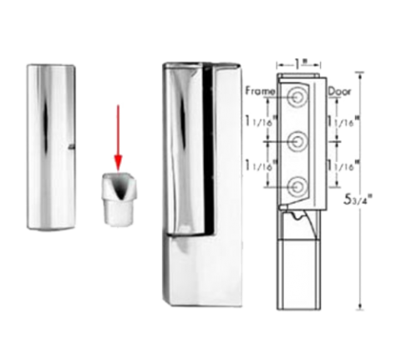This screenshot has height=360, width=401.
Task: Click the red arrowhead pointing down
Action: pos(119,163)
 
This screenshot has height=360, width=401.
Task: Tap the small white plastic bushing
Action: pos(119,199)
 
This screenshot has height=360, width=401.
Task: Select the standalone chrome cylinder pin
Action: pos(51,147)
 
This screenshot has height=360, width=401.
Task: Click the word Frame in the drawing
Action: pos(260,91)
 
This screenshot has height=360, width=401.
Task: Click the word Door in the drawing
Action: pos(339,91)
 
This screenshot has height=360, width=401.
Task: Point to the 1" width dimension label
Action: pos(299,64)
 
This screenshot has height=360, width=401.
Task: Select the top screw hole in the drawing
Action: pos(297,97)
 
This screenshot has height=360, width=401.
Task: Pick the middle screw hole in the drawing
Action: pos(297,141)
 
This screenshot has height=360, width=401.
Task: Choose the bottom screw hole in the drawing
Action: pos(297,186)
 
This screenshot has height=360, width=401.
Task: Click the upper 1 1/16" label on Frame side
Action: pos(260,121)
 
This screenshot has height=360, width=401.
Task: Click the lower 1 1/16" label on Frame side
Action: pos(260,165)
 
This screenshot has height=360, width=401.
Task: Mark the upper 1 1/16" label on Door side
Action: pos(343,121)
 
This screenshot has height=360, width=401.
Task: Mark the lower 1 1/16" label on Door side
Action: pos(343,165)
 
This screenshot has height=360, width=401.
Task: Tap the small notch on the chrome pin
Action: pos(72,146)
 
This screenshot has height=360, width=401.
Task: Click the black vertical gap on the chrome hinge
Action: pos(209,149)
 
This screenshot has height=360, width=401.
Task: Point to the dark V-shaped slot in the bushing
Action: pos(120,187)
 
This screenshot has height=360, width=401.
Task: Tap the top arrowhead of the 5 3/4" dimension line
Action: pos(361,74)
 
